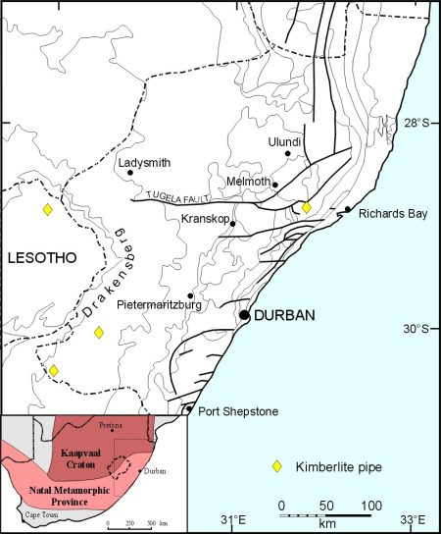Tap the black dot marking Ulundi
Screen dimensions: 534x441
pyautogui.click(x=288, y=153)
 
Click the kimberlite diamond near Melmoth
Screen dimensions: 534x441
pyautogui.click(x=306, y=207)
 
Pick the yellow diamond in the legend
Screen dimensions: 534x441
pyautogui.click(x=277, y=465)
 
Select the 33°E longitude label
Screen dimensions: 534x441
pyautogui.click(x=412, y=520)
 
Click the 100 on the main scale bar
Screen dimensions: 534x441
pyautogui.click(x=372, y=506)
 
